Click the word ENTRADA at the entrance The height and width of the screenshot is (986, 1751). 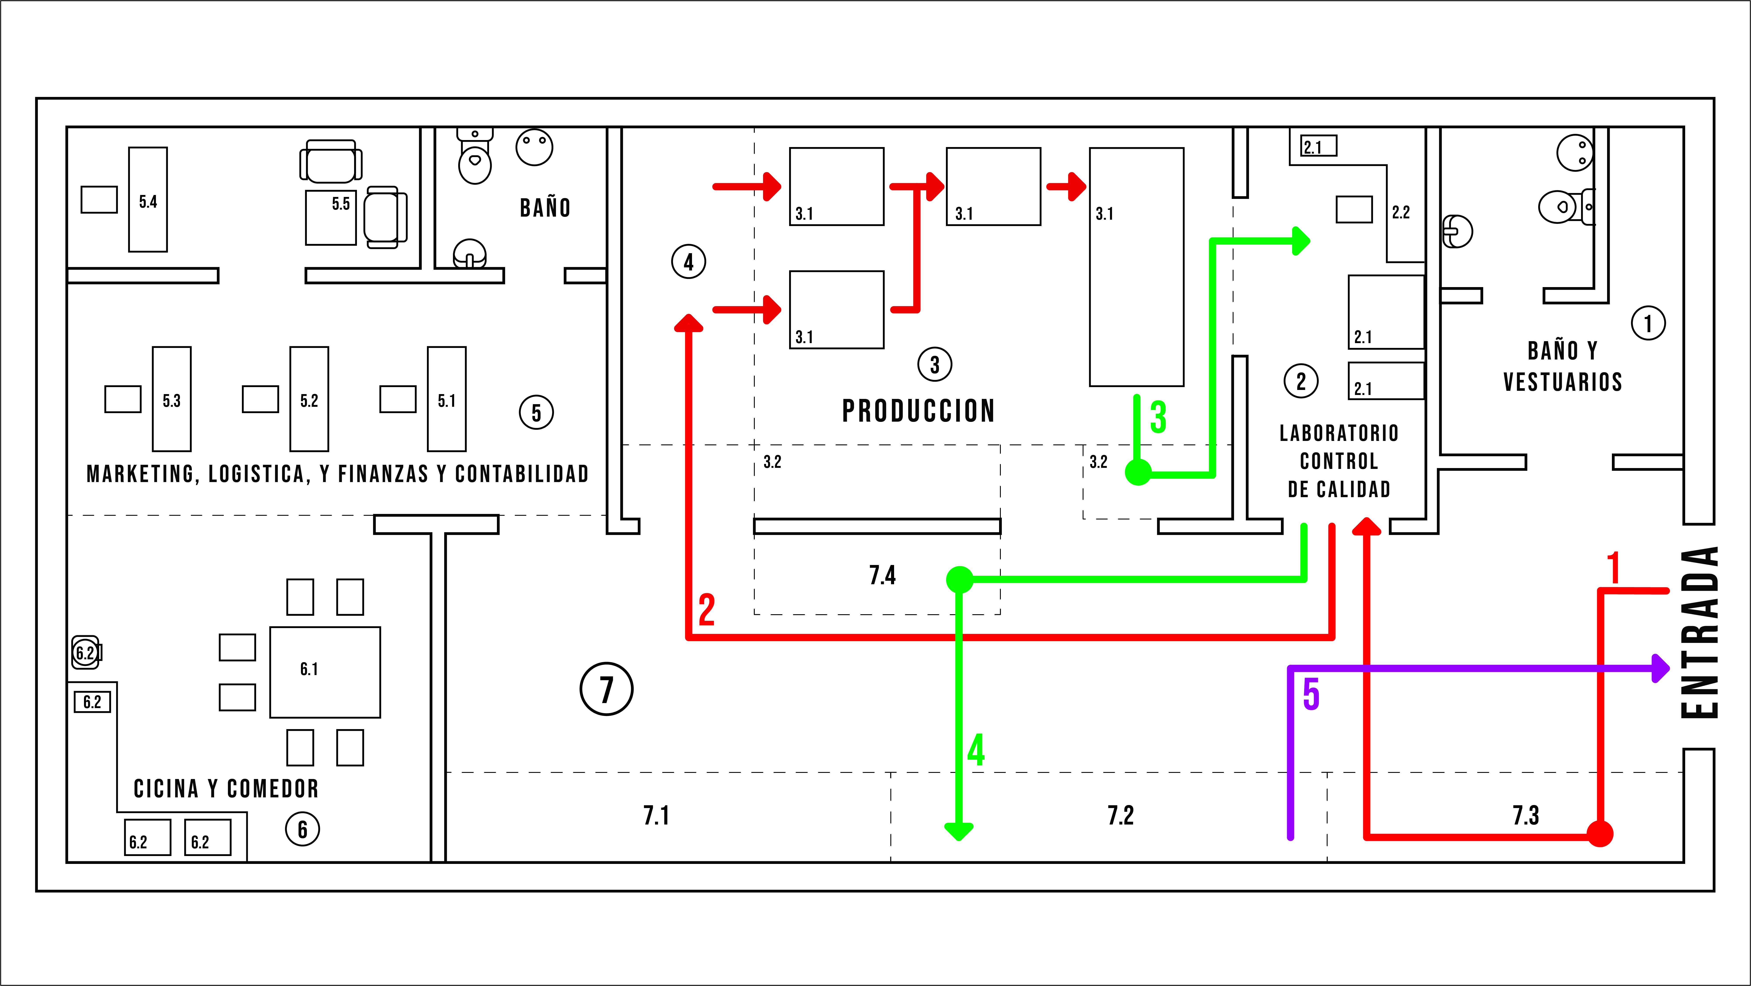(1699, 632)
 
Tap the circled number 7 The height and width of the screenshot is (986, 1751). (606, 689)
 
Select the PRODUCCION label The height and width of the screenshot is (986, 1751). (918, 411)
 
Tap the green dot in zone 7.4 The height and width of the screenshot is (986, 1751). (959, 579)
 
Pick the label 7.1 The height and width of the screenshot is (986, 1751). (656, 815)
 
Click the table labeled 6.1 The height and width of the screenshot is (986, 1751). (325, 672)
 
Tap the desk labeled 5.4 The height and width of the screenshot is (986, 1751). (148, 199)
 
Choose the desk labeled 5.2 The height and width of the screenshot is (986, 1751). (309, 399)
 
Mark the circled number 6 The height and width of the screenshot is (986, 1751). (302, 829)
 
